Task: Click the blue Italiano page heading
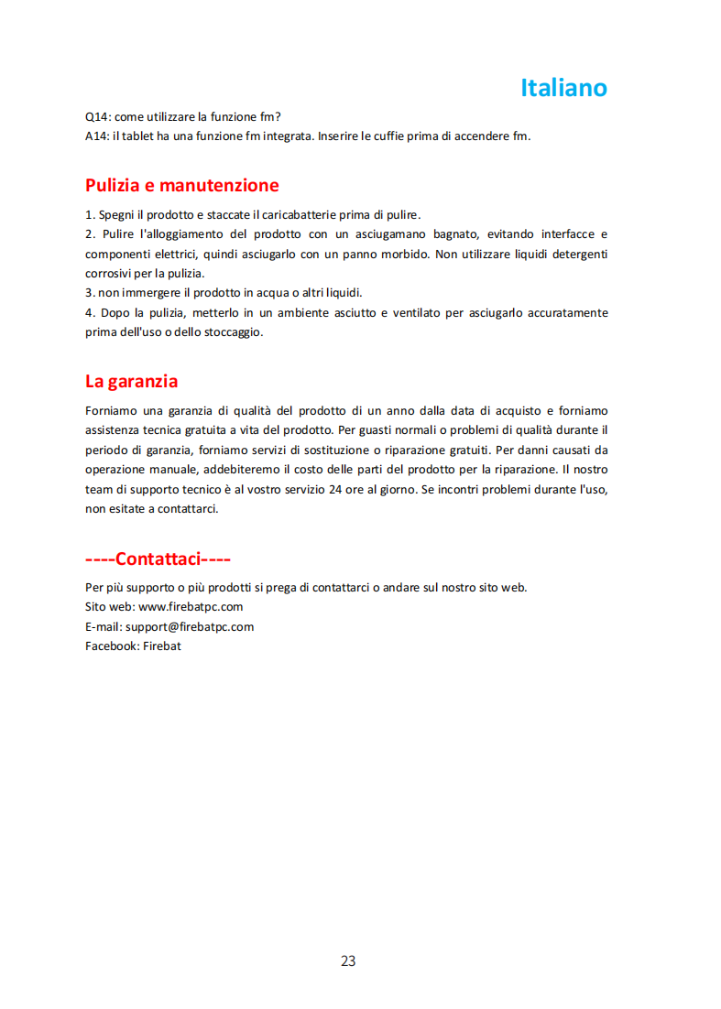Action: pos(563,88)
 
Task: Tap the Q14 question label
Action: pos(96,117)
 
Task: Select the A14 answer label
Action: pos(96,136)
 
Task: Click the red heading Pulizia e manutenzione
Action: pos(181,185)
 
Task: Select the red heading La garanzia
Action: pos(131,381)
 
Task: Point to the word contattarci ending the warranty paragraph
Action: pos(186,509)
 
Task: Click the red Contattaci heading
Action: pos(158,559)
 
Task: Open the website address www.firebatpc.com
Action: pos(191,607)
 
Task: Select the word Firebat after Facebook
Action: pos(162,646)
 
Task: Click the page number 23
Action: pos(348,961)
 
